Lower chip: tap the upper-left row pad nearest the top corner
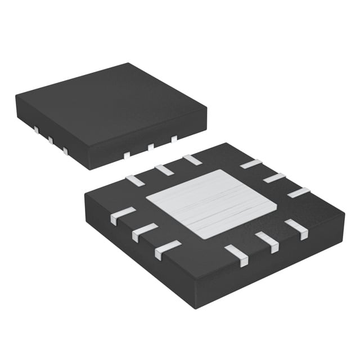click(x=192, y=159)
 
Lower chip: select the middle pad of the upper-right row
click(x=274, y=178)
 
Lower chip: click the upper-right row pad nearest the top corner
click(x=250, y=164)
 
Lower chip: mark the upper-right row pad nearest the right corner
click(x=299, y=192)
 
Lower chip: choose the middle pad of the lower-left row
click(x=145, y=232)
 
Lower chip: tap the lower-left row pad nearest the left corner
click(x=123, y=216)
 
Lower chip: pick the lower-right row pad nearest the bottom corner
click(x=237, y=256)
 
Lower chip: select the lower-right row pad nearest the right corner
click(x=296, y=229)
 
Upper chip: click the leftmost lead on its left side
click(x=35, y=130)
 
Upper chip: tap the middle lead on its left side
click(x=50, y=140)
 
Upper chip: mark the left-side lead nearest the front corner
click(x=66, y=150)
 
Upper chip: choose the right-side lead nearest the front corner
click(x=127, y=155)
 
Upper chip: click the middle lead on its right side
click(x=151, y=147)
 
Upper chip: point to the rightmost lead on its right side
click(x=174, y=138)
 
